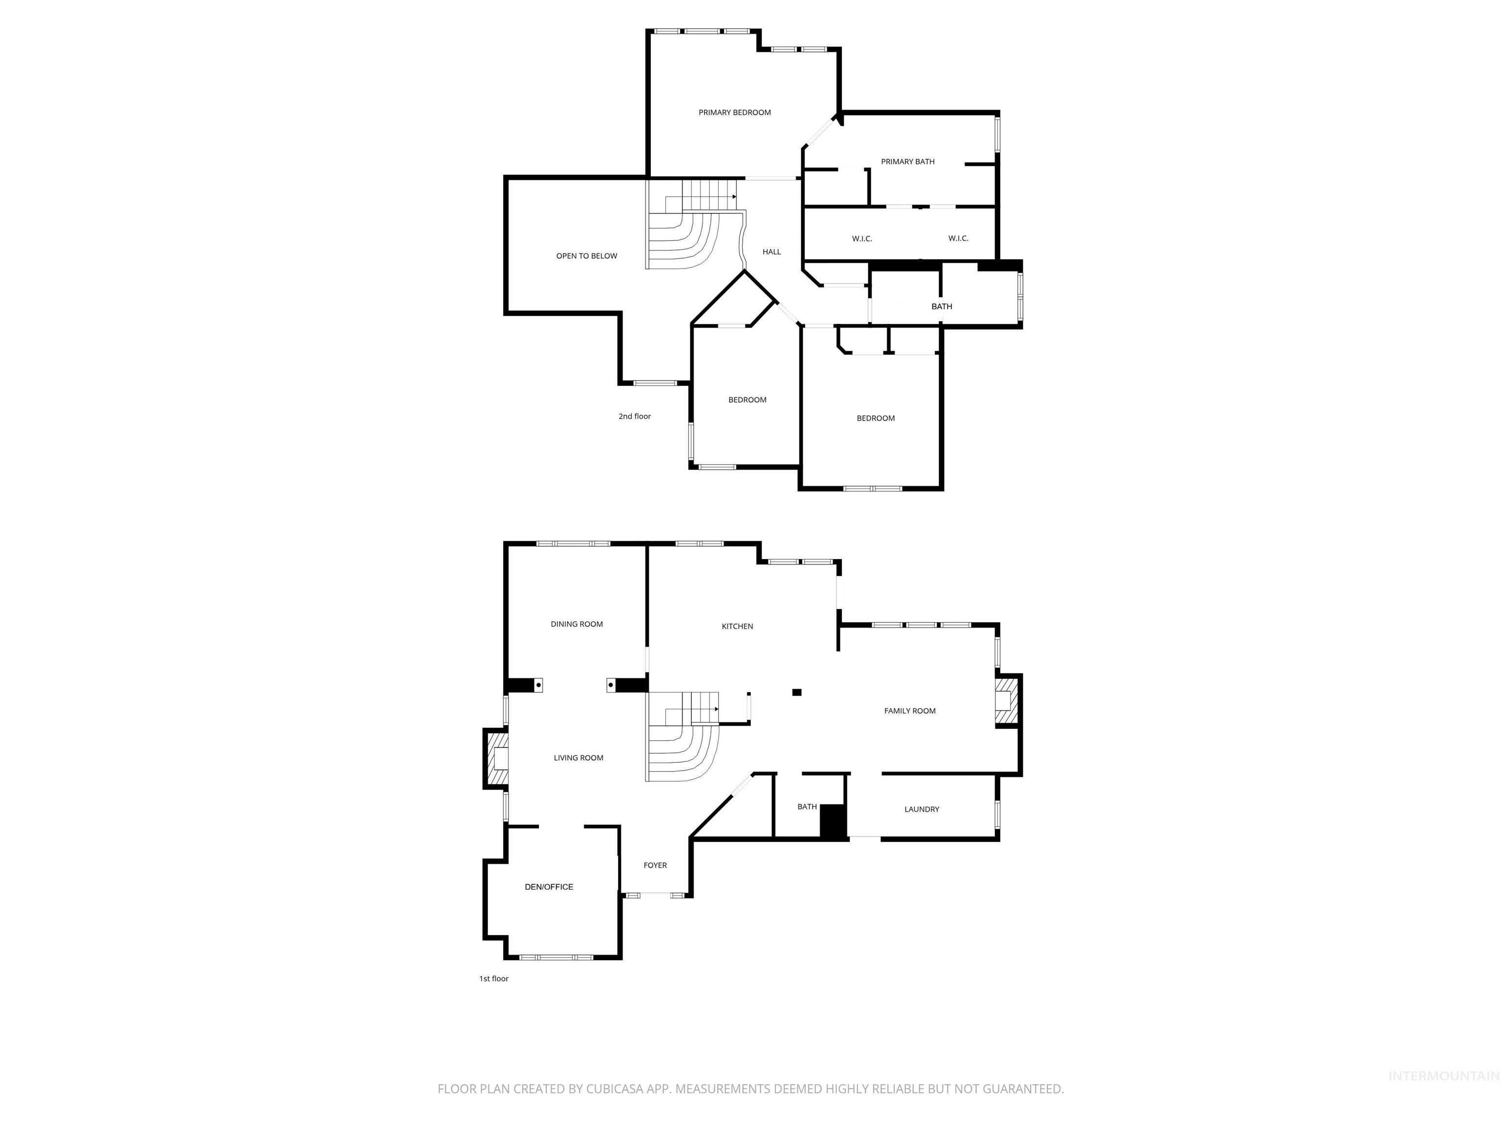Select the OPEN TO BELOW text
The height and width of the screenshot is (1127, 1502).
tap(587, 256)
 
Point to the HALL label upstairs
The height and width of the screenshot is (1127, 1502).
tap(772, 252)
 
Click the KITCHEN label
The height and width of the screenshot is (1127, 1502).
tap(737, 626)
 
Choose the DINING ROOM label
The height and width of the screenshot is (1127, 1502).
tap(576, 624)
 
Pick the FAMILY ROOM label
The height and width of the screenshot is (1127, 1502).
tap(909, 711)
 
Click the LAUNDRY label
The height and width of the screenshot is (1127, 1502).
tap(922, 809)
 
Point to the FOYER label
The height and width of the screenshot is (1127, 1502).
tap(655, 865)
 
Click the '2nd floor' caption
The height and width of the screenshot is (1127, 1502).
tap(634, 416)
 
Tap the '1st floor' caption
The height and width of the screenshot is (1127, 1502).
tap(494, 979)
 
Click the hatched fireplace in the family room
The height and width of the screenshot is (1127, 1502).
tap(1006, 700)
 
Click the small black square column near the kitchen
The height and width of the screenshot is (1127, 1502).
tap(797, 692)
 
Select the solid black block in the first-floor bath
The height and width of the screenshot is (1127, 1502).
tap(833, 821)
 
